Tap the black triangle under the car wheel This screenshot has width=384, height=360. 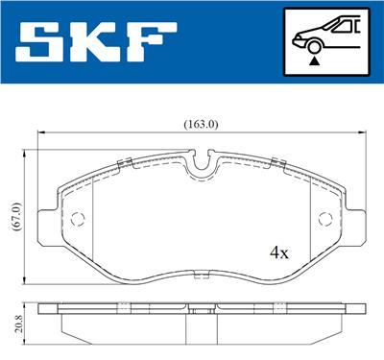(314, 60)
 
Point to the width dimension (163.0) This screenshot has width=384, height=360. (201, 124)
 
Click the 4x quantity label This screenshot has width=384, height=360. (279, 253)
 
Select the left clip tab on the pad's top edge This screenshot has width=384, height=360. (122, 160)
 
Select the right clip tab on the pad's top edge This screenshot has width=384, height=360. (277, 160)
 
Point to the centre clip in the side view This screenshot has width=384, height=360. (202, 309)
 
